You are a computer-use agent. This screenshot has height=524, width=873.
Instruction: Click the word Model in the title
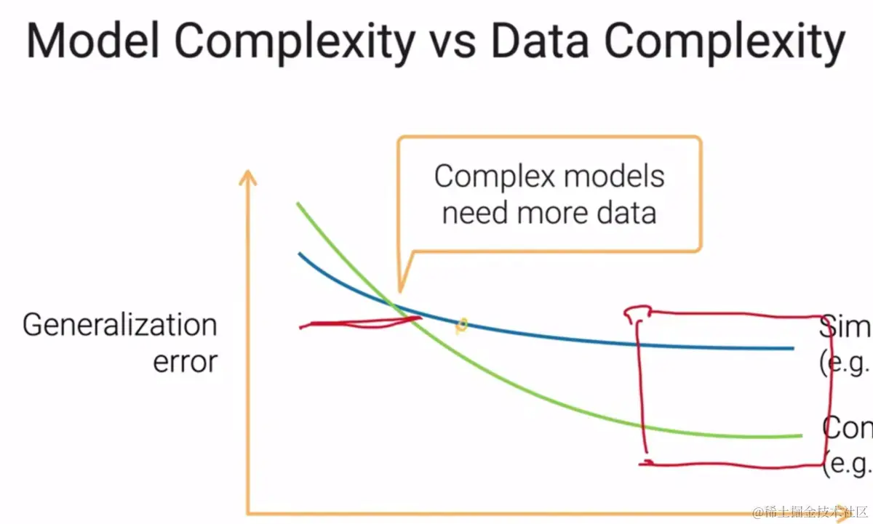point(92,42)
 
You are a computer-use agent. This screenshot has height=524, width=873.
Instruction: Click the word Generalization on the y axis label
point(120,326)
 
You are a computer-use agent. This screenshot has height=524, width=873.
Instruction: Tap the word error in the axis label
point(185,361)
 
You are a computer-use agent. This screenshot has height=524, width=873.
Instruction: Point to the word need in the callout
point(475,213)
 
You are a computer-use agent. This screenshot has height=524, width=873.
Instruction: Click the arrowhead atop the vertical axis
point(249,177)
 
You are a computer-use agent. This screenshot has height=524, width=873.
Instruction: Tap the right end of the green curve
point(800,436)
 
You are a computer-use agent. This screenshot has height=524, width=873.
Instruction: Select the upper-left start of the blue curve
point(299,254)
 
